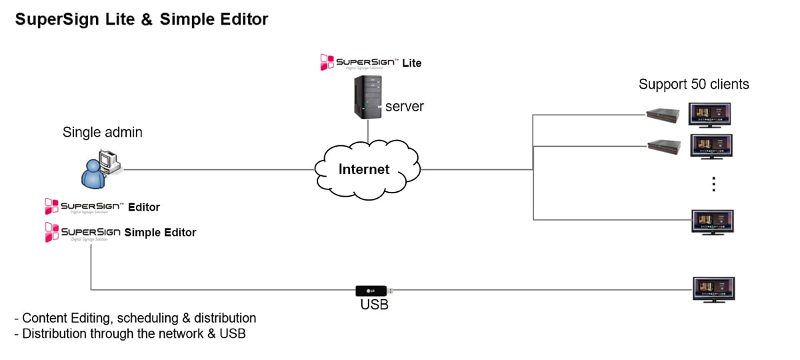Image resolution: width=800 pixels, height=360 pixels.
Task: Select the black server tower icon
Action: point(367,97)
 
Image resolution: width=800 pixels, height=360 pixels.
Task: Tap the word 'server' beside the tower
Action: point(404,106)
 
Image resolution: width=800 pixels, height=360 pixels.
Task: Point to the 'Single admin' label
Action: point(102,132)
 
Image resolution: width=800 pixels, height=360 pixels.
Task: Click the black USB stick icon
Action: point(374,290)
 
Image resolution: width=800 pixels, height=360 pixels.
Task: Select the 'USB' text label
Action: point(374,305)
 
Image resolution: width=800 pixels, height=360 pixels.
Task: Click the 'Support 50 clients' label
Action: point(693,85)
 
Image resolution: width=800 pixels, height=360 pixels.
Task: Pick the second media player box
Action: point(664,145)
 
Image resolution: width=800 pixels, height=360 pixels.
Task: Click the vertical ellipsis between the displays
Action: point(713,184)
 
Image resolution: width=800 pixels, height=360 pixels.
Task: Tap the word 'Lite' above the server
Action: point(411,63)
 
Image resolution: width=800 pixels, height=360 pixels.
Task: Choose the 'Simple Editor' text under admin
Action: point(160,233)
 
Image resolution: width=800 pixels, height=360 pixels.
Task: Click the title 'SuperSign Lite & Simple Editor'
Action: point(141,19)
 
